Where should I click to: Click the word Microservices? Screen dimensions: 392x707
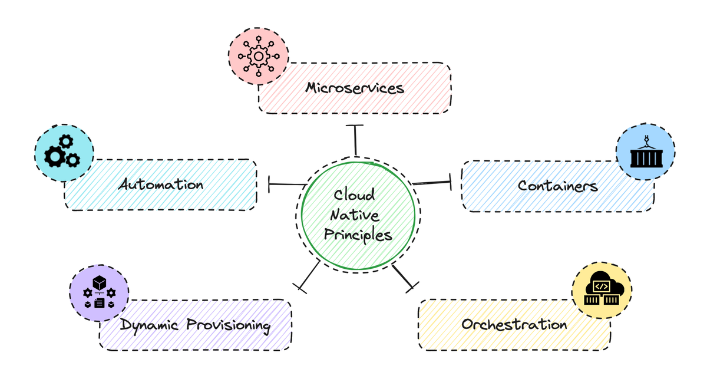click(x=355, y=88)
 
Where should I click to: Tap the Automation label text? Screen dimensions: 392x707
click(x=160, y=185)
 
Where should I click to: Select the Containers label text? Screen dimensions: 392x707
click(x=557, y=186)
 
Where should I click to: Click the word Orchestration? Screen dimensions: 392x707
click(x=514, y=324)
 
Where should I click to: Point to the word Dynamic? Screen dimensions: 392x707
click(x=150, y=325)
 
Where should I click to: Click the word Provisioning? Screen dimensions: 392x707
click(x=229, y=325)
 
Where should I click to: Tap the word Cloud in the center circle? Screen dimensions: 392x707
click(x=354, y=195)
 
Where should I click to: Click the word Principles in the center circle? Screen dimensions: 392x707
click(x=358, y=235)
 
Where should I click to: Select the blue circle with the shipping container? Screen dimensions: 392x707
click(x=645, y=151)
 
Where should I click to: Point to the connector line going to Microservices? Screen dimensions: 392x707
click(x=355, y=140)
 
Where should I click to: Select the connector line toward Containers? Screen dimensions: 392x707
click(x=432, y=183)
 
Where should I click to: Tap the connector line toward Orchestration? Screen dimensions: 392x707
click(x=404, y=277)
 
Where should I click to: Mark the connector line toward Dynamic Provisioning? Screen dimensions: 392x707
click(x=310, y=275)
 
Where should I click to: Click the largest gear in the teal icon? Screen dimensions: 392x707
click(x=55, y=156)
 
